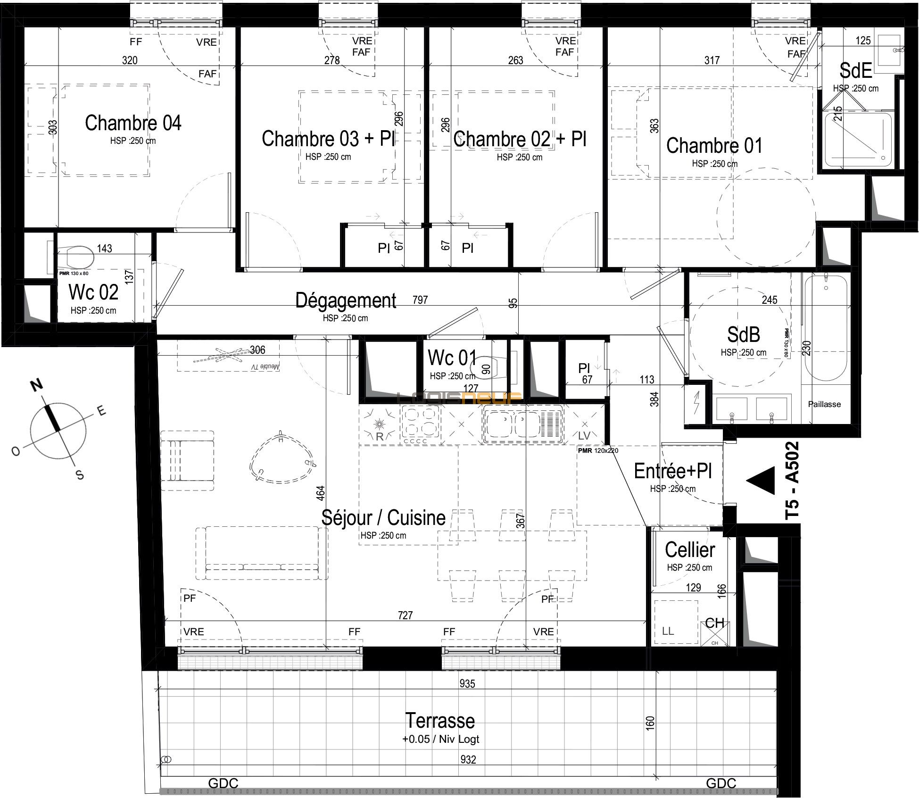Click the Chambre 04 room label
(133, 123)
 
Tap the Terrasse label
(440, 721)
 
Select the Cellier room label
(690, 550)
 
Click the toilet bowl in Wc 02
(79, 258)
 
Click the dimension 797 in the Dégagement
(420, 300)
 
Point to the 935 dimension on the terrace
(467, 683)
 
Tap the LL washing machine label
(668, 631)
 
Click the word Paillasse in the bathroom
(824, 404)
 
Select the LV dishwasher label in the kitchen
(584, 436)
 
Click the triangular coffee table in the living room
(281, 457)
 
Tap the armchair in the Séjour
(187, 461)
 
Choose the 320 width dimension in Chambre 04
(130, 60)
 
